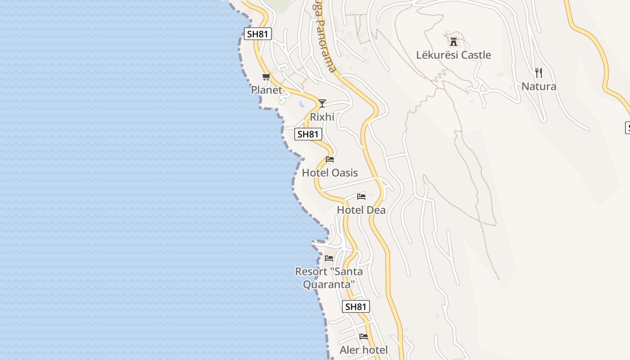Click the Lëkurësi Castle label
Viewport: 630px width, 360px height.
(x=453, y=55)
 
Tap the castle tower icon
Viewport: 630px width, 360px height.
(x=453, y=42)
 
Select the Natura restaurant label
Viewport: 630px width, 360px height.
(x=539, y=86)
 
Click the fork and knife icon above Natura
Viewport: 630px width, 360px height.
(x=538, y=72)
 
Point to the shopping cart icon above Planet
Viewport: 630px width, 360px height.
(x=266, y=76)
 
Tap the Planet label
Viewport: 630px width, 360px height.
(x=266, y=90)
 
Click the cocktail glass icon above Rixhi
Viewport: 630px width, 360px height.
(x=322, y=103)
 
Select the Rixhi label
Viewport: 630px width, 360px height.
(x=322, y=117)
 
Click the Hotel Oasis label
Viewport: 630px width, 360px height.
(x=330, y=173)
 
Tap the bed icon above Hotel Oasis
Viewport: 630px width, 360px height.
(x=330, y=159)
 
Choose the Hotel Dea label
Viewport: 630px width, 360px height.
(x=361, y=210)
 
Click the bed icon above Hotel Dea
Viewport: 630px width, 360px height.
(x=361, y=197)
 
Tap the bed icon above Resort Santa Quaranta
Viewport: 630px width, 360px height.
(x=329, y=258)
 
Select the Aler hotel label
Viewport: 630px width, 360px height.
(x=364, y=350)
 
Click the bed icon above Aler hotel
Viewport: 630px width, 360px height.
(x=364, y=337)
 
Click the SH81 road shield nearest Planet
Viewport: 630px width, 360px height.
(x=258, y=34)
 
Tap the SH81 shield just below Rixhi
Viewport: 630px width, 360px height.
(x=308, y=134)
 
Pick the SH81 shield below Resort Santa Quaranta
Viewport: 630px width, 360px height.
(x=356, y=307)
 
